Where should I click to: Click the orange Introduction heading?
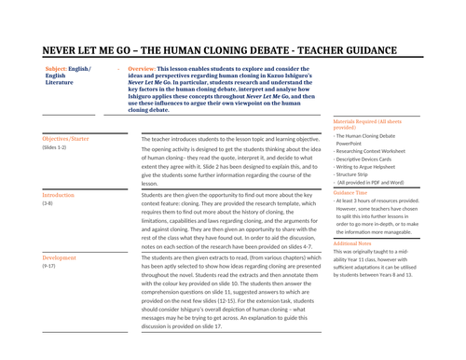[x=59, y=195]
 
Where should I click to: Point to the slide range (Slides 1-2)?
[x=54, y=147]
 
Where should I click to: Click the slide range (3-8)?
[x=48, y=204]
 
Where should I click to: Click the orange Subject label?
[x=56, y=70]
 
